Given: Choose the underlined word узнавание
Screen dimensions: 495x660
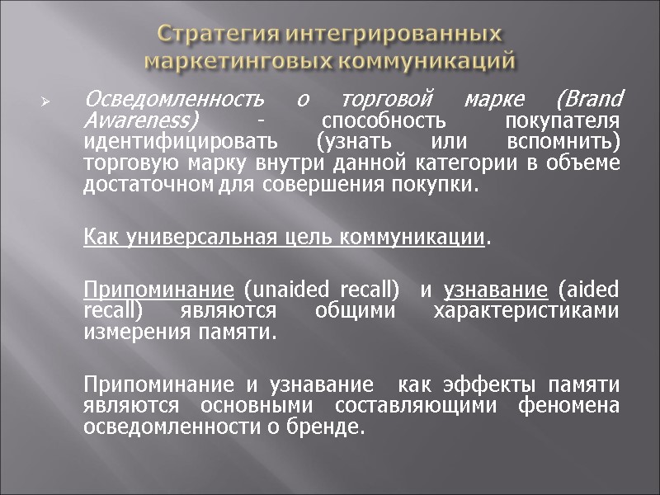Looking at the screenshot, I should click(496, 290).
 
